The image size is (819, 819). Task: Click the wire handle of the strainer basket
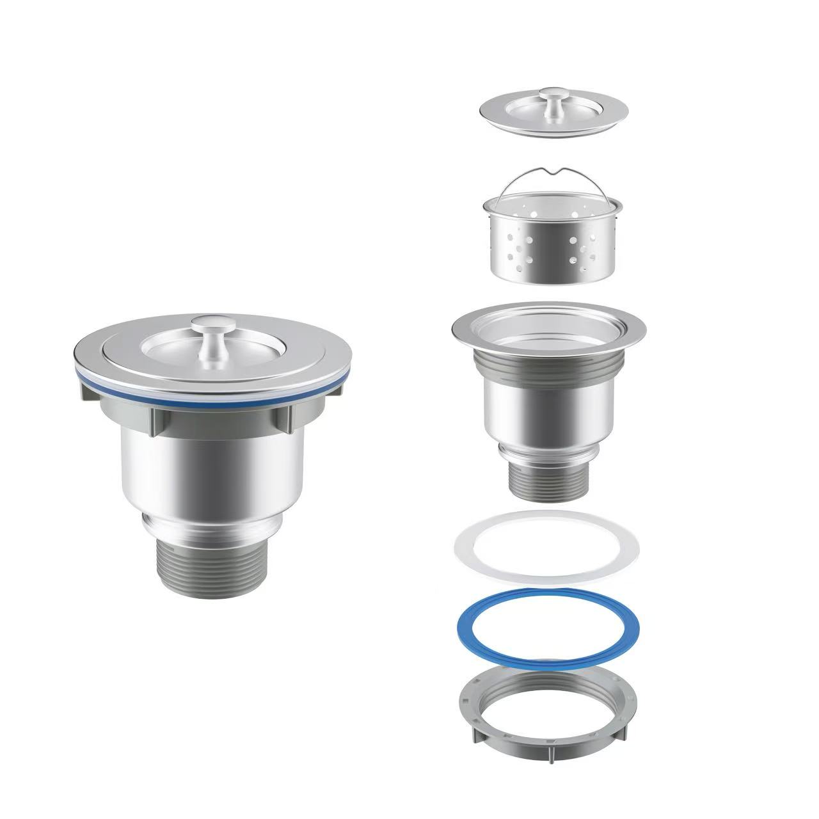[512, 179]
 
